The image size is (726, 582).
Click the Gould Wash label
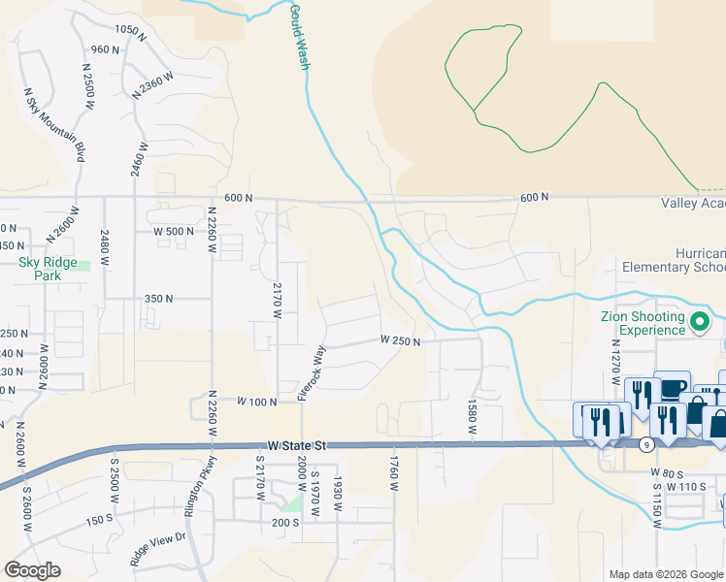(x=300, y=36)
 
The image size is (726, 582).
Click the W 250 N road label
(x=400, y=340)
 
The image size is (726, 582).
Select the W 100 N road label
(x=256, y=400)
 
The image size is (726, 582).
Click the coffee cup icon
(x=672, y=387)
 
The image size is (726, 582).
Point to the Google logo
(x=32, y=570)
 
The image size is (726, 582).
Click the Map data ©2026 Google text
(x=666, y=574)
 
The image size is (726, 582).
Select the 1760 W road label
(x=395, y=473)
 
